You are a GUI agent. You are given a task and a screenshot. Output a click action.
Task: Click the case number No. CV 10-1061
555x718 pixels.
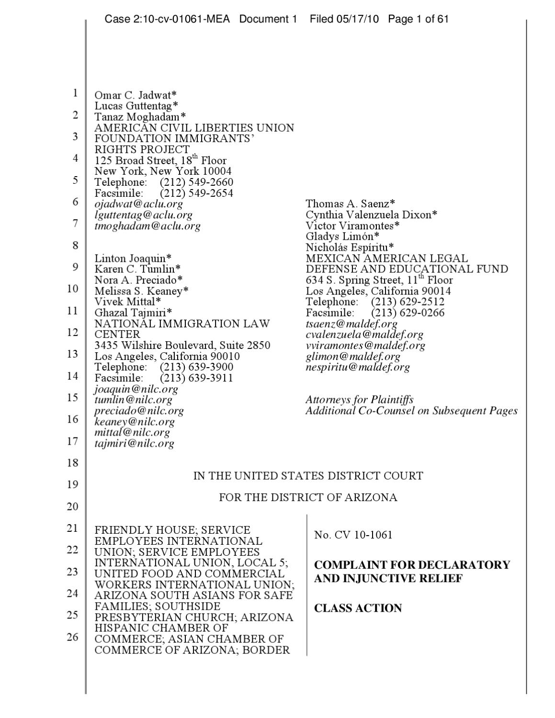353,535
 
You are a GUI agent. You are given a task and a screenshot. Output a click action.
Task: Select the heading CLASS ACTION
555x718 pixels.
358,608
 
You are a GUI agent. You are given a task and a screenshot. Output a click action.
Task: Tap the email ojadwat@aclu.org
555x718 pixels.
138,204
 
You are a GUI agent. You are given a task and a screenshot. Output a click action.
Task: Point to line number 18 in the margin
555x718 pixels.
72,463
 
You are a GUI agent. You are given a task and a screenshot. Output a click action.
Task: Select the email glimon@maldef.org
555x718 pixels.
353,356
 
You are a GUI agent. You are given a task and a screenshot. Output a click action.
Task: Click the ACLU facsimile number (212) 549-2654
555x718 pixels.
196,193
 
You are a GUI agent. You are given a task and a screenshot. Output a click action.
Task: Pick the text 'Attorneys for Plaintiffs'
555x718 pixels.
359,400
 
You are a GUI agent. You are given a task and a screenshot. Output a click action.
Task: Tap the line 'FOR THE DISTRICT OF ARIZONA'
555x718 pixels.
308,497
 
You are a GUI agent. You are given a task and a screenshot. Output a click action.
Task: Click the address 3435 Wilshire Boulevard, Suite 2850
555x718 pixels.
182,345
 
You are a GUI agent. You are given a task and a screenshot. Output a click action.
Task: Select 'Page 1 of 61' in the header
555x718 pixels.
418,19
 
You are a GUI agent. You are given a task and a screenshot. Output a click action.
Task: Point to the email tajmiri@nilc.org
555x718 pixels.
134,443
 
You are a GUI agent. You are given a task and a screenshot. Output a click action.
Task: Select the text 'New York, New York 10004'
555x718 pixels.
163,171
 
